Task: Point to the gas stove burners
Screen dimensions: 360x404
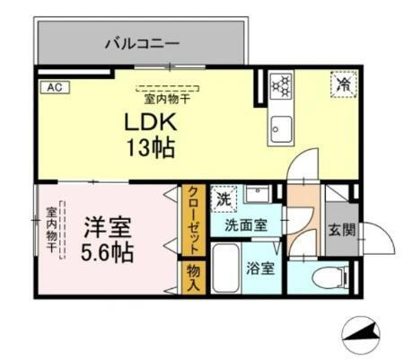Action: click(282, 86)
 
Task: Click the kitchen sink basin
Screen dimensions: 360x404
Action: click(280, 127)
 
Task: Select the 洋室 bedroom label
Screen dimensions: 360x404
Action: click(102, 226)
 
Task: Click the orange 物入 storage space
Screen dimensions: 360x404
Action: click(193, 276)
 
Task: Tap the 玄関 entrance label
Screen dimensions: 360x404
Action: click(340, 229)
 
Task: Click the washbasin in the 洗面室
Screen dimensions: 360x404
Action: click(259, 195)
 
